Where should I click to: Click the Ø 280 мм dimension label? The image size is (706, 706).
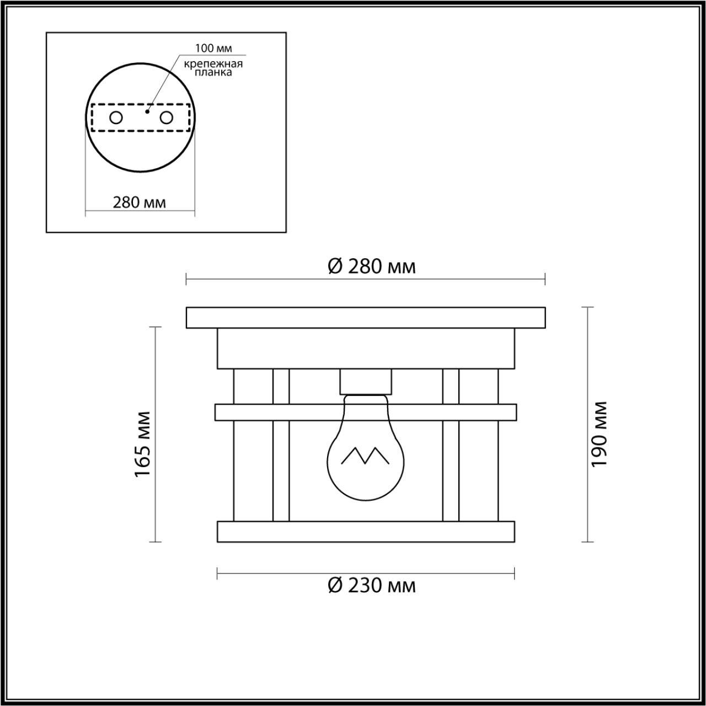pyautogui.click(x=371, y=266)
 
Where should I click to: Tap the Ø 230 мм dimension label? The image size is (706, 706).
pyautogui.click(x=371, y=585)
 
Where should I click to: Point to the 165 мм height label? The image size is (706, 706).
pyautogui.click(x=143, y=445)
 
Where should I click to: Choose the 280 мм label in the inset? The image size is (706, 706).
pyautogui.click(x=140, y=202)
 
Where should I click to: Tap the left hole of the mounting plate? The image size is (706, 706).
pyautogui.click(x=116, y=117)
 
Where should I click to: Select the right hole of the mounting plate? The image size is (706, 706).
pyautogui.click(x=166, y=117)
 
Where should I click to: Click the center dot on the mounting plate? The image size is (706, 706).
pyautogui.click(x=146, y=111)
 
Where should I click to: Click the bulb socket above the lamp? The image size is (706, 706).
pyautogui.click(x=366, y=381)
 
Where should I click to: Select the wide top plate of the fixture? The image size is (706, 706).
pyautogui.click(x=366, y=318)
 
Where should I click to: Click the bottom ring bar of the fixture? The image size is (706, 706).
pyautogui.click(x=366, y=531)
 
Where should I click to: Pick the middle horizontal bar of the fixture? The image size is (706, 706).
pyautogui.click(x=366, y=412)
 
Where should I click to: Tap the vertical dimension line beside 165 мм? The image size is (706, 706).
pyautogui.click(x=156, y=375)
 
